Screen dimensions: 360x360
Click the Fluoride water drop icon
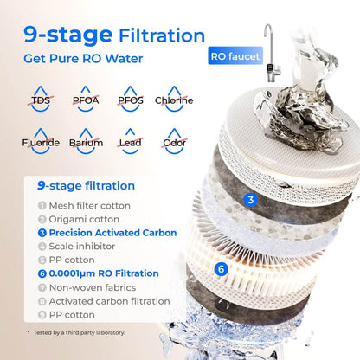[41, 141]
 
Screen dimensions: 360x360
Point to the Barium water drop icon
[86, 141]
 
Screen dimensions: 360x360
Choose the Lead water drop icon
[130, 141]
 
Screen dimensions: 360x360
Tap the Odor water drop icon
[174, 141]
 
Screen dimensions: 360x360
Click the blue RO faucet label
[235, 58]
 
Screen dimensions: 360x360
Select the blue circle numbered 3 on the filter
[251, 200]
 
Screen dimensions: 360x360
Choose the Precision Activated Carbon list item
[106, 233]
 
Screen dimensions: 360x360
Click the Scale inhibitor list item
[77, 247]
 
